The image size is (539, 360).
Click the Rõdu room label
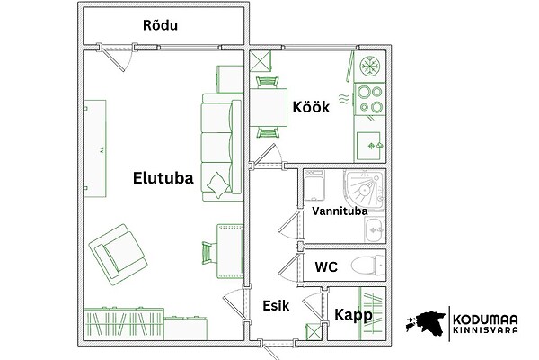click(160, 25)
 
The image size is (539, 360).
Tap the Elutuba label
click(163, 178)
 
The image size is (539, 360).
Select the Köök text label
click(311, 107)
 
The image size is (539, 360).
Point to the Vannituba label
click(340, 211)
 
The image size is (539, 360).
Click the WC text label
click(326, 267)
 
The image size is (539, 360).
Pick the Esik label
click(276, 306)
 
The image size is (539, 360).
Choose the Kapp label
click(353, 315)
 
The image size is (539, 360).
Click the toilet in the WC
click(368, 265)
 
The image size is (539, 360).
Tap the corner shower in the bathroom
click(365, 189)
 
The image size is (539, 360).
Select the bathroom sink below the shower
click(375, 229)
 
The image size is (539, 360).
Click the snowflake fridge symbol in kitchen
click(369, 66)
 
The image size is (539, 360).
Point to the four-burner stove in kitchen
click(370, 100)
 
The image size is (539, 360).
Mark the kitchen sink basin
click(368, 146)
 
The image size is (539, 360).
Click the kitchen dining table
click(269, 107)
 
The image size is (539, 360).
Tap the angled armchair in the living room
click(118, 254)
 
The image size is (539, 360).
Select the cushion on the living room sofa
click(218, 185)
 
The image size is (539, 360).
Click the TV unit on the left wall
click(95, 148)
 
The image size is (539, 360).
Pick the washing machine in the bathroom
click(314, 185)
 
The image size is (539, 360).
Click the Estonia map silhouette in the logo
click(426, 323)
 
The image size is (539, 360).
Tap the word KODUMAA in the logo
click(485, 319)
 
